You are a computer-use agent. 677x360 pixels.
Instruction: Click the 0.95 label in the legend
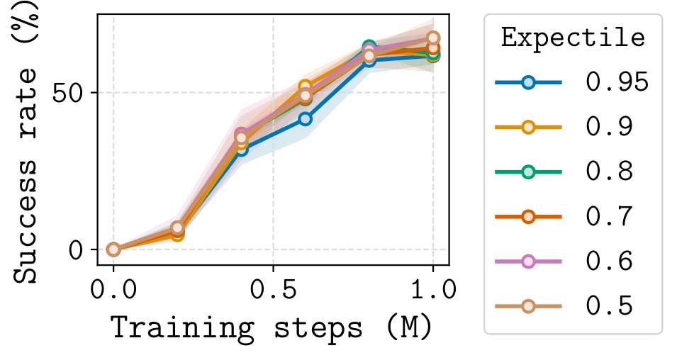point(616,82)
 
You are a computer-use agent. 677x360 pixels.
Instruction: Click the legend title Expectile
point(573,37)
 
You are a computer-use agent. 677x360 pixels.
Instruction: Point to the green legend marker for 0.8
point(528,172)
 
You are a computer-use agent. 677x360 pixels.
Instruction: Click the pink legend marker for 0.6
point(528,261)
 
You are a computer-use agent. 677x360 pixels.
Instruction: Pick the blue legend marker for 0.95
point(528,82)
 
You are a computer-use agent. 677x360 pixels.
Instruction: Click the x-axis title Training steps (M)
point(271,329)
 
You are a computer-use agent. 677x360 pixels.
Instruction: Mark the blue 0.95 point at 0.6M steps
point(305,119)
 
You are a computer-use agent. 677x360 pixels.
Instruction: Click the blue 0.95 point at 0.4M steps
point(241,149)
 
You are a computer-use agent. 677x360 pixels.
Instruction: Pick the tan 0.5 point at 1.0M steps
point(432,38)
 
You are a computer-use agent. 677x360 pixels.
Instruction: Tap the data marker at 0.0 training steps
point(113,249)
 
